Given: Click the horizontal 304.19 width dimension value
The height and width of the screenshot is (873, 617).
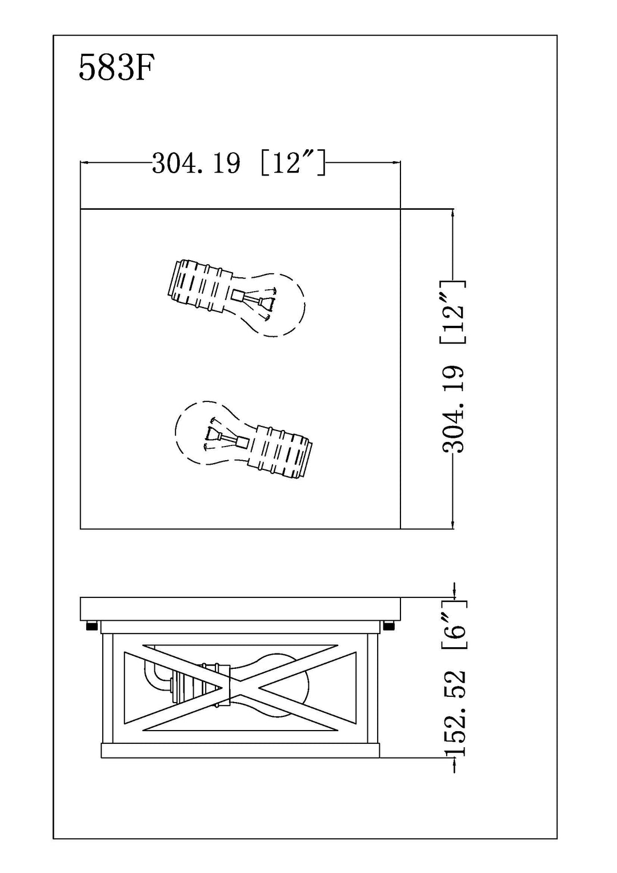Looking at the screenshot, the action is pyautogui.click(x=196, y=163).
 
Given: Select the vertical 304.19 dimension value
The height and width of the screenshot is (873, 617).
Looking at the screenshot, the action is pyautogui.click(x=454, y=409).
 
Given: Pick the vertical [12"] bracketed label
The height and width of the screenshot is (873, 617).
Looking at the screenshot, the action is pyautogui.click(x=453, y=312).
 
